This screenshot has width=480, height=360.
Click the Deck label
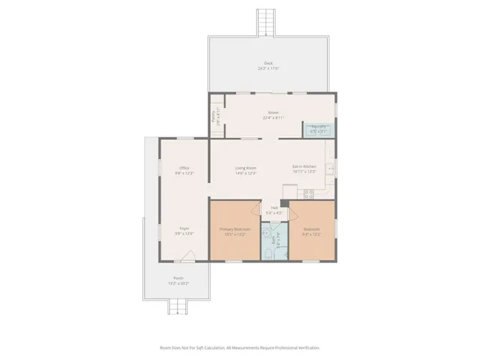[268, 63]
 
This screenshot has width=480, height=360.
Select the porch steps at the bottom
[177, 306]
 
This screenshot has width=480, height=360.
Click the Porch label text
[178, 278]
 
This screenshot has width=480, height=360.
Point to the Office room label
[184, 168]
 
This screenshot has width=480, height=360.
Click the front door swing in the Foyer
[187, 256]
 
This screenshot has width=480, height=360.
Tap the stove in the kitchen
[290, 190]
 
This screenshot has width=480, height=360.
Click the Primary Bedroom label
[234, 229]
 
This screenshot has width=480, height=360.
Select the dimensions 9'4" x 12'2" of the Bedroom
[311, 234]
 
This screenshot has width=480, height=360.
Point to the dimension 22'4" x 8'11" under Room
[273, 118]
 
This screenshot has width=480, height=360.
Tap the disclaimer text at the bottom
[239, 348]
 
